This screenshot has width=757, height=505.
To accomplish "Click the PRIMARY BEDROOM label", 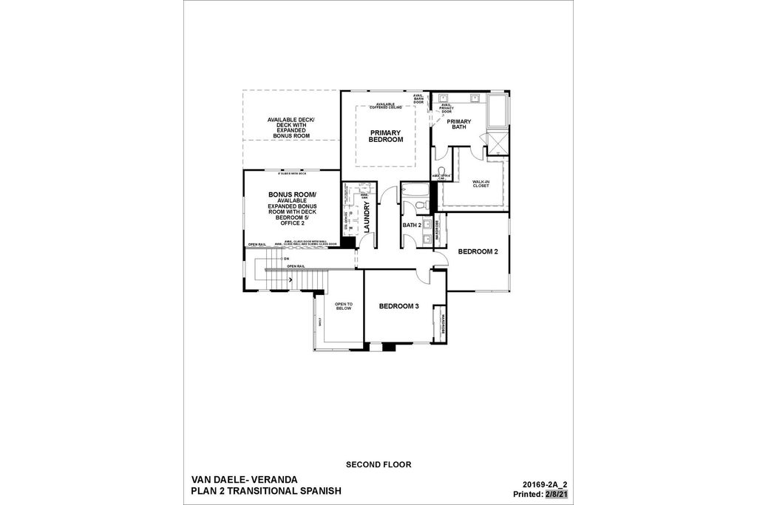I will pyautogui.click(x=385, y=136).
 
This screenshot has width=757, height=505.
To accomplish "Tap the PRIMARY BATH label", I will pyautogui.click(x=459, y=124).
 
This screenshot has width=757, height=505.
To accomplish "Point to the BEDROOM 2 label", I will pyautogui.click(x=478, y=251).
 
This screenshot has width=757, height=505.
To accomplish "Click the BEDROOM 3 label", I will pyautogui.click(x=399, y=306).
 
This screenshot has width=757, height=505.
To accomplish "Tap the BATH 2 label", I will pyautogui.click(x=412, y=225).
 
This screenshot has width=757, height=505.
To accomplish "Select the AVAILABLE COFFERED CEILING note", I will pyautogui.click(x=385, y=106).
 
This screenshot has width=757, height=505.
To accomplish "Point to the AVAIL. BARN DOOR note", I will pyautogui.click(x=418, y=98).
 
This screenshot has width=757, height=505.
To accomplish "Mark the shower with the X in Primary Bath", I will pyautogui.click(x=498, y=142).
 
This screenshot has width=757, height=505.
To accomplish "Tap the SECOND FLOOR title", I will pyautogui.click(x=378, y=465).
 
